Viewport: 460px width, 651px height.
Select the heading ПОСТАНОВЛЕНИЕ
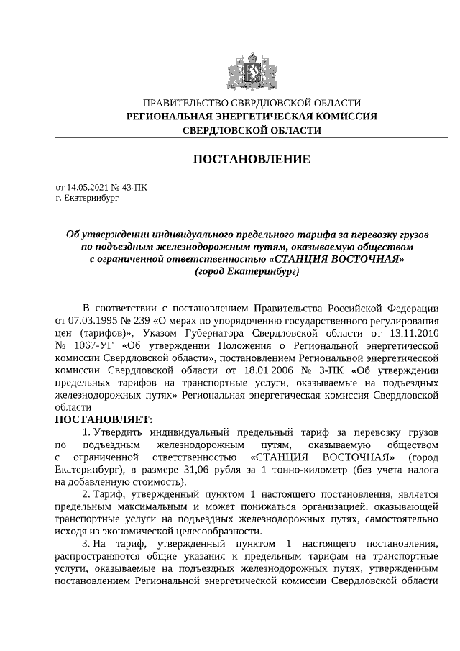coord(252,159)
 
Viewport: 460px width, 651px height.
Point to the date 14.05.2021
coord(89,187)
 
